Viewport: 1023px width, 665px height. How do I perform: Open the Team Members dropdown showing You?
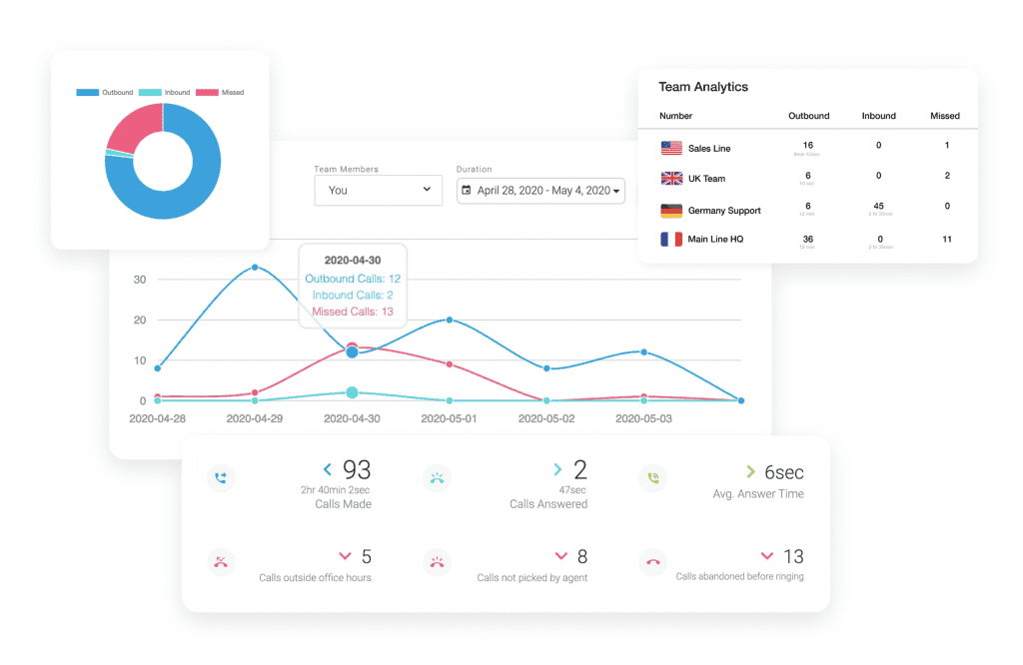[378, 190]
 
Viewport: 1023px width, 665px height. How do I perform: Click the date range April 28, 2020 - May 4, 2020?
[540, 190]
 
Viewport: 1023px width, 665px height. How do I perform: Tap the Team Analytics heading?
[703, 87]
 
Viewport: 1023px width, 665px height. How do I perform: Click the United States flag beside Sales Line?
[671, 148]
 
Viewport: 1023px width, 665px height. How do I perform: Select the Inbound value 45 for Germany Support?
[878, 206]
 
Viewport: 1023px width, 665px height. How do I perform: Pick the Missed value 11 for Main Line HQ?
[946, 239]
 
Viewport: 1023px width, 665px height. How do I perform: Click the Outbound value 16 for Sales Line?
[808, 145]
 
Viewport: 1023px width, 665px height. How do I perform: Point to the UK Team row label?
[706, 179]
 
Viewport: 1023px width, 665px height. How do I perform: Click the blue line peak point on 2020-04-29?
[255, 267]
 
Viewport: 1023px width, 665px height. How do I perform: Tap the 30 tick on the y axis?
[140, 280]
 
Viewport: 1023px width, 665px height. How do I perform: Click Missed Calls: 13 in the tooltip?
[353, 312]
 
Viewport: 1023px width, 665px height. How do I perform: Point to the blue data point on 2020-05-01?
[450, 320]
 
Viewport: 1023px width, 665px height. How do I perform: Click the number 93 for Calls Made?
[357, 469]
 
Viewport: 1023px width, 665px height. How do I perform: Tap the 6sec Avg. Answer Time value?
[783, 471]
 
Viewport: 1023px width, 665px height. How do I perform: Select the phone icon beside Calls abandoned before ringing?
[652, 562]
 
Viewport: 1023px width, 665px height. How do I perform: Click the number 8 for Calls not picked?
[581, 556]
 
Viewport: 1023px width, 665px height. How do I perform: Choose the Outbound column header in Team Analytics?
[808, 116]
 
